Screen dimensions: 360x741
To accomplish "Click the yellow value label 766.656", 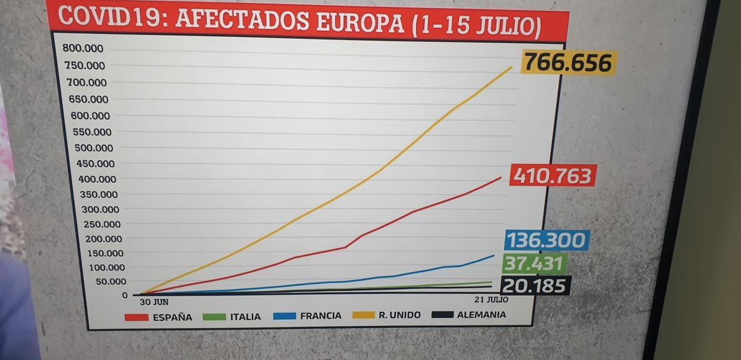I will click(x=568, y=63).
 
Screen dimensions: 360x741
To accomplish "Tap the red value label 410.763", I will click(x=553, y=176).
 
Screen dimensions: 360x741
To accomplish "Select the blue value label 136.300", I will click(x=545, y=240).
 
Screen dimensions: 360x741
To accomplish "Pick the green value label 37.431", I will click(x=534, y=264).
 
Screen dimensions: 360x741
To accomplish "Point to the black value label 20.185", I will click(x=535, y=286).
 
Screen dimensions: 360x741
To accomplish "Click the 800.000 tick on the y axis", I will click(x=83, y=49).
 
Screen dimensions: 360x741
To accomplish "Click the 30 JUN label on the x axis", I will click(x=154, y=302).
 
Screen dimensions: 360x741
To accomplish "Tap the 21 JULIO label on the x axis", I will click(x=492, y=299).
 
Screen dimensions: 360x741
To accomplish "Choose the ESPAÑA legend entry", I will click(x=158, y=317).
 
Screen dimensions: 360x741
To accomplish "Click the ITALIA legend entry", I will click(x=232, y=317).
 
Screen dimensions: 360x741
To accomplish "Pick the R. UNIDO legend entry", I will click(x=387, y=315).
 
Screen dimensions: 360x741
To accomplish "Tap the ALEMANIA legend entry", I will click(x=469, y=314).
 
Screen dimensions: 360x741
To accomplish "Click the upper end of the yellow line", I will click(x=512, y=67).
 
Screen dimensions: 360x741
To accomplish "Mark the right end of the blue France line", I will click(x=494, y=255).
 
